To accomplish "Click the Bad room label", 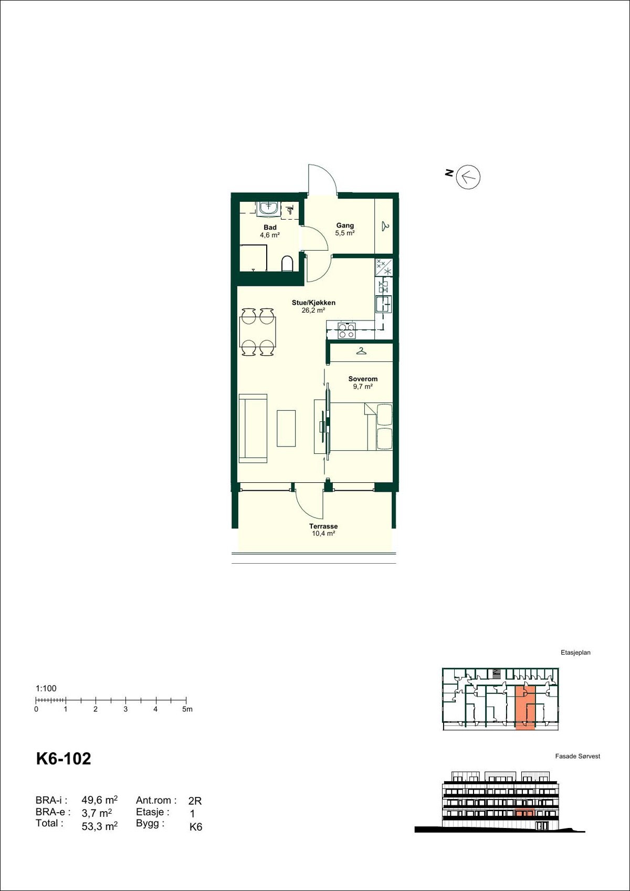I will point(270,228).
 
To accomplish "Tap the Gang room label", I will point(345,226).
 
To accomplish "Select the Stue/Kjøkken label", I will point(313,303).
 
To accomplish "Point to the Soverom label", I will point(363,379).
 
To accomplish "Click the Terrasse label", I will point(323,526).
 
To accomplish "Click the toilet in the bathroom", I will point(287,264).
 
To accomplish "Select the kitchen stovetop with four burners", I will point(346,330).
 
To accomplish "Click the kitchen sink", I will point(383,304).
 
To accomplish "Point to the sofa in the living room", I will point(253,428).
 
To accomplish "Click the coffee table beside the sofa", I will point(286,428).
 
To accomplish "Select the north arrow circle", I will point(468,177).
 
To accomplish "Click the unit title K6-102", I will point(64,759).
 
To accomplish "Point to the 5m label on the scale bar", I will point(187,709).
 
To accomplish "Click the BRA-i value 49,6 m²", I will point(99,800).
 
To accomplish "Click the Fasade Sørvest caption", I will point(577,757).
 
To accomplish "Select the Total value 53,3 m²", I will point(99,826).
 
